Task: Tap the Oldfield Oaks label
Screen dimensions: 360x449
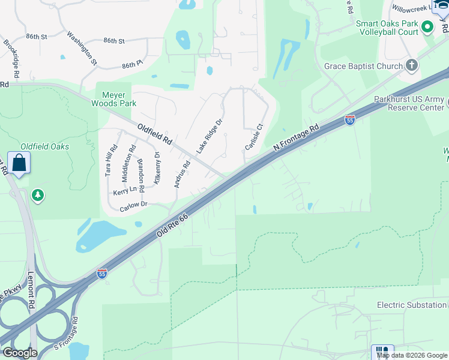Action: pos(44,146)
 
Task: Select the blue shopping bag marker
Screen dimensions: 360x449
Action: pos(19,162)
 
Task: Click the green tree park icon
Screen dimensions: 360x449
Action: pos(38,194)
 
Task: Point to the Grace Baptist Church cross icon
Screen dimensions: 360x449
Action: pos(411,65)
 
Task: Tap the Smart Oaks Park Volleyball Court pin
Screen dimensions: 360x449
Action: pos(427,27)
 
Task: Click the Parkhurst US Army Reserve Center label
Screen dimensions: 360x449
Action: pos(408,103)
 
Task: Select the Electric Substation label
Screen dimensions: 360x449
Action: pos(411,305)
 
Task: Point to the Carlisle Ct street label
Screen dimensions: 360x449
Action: pos(254,137)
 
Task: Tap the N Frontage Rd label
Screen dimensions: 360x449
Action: pos(295,135)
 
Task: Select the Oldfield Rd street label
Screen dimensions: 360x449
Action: pos(155,136)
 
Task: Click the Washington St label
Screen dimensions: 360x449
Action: pos(82,48)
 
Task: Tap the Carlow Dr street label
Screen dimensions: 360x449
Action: pos(133,205)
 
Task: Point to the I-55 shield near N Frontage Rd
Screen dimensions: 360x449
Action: pos(350,121)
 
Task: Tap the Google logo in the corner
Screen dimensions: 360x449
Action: pos(19,352)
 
